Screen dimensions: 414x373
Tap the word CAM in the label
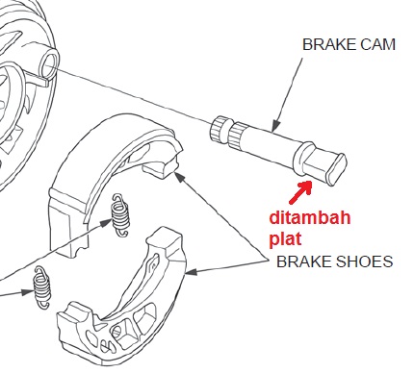377,44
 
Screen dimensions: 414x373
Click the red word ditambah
310,218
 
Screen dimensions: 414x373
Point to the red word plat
285,238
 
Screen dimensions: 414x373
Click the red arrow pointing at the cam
300,192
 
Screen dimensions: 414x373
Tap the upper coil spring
120,215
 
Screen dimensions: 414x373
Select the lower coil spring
41,287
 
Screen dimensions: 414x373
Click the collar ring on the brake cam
303,158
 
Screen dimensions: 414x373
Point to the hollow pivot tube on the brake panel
49,63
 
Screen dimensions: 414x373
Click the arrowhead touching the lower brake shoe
191,272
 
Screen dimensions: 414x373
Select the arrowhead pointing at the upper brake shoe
179,176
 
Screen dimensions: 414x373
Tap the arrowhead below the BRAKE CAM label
275,127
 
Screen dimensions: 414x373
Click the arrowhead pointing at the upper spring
106,223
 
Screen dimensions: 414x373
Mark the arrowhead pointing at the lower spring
27,292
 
